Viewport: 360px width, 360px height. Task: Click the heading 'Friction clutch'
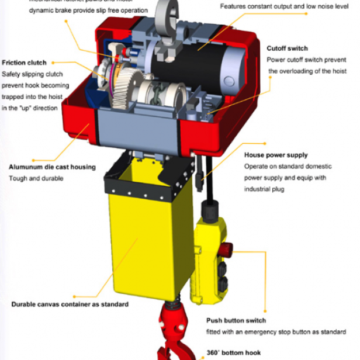pyautogui.click(x=24, y=63)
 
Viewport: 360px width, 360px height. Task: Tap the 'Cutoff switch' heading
pyautogui.click(x=287, y=49)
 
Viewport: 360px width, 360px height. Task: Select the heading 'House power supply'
pyautogui.click(x=275, y=155)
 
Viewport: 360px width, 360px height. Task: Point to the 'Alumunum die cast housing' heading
pyautogui.click(x=52, y=167)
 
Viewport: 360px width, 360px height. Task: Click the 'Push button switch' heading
pyautogui.click(x=236, y=320)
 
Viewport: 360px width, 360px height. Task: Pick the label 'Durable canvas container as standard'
pyautogui.click(x=70, y=304)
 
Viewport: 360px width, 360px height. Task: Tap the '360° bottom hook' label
pyautogui.click(x=235, y=353)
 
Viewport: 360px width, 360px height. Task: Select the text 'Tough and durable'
pyautogui.click(x=36, y=178)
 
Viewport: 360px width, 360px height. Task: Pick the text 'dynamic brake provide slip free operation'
pyautogui.click(x=88, y=11)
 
